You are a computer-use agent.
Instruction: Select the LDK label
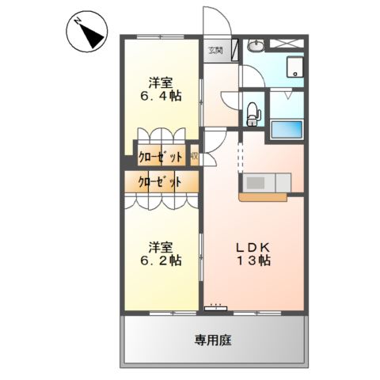[x=254, y=246]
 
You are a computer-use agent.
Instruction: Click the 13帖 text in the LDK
[x=254, y=260]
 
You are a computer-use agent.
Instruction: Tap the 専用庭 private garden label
[x=214, y=340]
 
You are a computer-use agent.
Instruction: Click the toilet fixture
[x=253, y=112]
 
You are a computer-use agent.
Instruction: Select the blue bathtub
[x=287, y=130]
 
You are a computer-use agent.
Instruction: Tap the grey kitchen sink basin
[x=257, y=182]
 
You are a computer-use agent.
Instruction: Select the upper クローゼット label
[x=161, y=156]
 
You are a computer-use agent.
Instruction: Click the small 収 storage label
[x=194, y=156]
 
